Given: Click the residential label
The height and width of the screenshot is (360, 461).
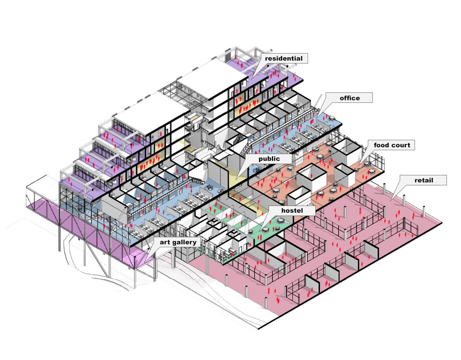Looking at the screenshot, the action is (283, 59).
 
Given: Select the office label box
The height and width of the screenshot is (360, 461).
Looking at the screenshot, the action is (350, 98).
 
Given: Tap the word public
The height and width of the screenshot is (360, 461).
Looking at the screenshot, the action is (269, 159).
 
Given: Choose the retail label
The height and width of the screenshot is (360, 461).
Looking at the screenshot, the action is (424, 180).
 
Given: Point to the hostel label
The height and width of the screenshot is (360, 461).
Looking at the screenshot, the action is (292, 211).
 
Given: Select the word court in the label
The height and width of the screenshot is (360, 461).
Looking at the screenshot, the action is (401, 145).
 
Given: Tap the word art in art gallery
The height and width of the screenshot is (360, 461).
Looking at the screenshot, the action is (165, 242).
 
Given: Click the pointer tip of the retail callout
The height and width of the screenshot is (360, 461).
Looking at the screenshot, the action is (391, 200).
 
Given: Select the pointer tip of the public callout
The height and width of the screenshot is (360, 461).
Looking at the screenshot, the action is (235, 179).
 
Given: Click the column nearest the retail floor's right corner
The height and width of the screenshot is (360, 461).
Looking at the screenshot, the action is (424, 211).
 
